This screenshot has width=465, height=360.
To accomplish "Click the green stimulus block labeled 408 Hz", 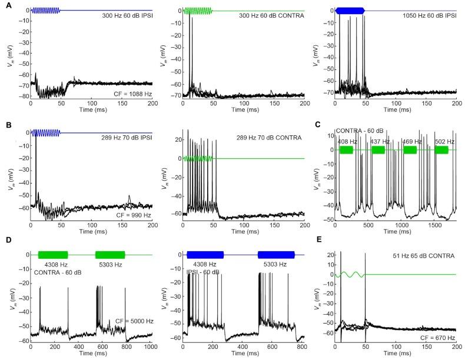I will [x=347, y=150].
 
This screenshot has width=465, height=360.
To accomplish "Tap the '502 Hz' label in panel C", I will [x=441, y=141].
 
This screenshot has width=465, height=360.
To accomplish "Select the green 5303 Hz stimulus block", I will [x=110, y=255].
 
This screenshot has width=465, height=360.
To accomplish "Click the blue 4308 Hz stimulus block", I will [x=205, y=255].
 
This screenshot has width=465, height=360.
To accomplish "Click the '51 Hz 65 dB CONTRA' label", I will [x=418, y=257].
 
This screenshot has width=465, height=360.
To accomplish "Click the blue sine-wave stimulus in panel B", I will [x=42, y=133].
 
